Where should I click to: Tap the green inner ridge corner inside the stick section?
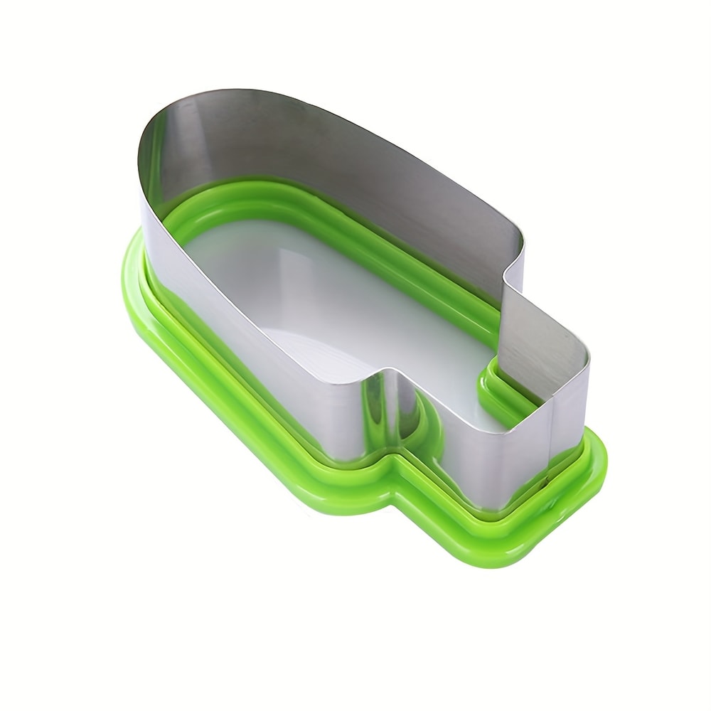coord(491,370)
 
